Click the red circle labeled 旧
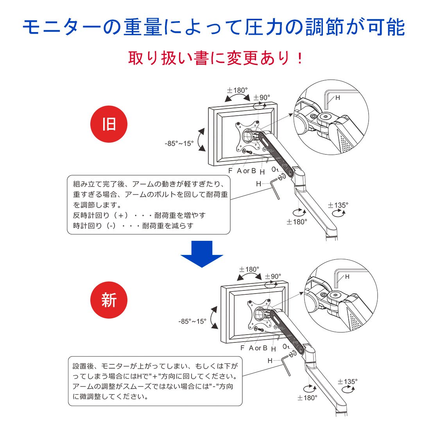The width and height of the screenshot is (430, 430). (x=109, y=124)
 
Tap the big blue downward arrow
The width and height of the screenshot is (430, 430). (x=202, y=254)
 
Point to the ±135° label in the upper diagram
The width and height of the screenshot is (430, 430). (x=338, y=205)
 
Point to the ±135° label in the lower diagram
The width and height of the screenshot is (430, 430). (x=348, y=382)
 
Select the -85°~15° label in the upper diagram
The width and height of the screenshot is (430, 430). (x=179, y=143)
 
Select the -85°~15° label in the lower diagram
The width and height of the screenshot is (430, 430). (x=192, y=321)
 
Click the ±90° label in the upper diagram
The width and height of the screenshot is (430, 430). (x=262, y=97)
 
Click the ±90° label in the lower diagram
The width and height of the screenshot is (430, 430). (x=273, y=276)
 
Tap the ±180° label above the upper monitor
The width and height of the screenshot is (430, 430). (x=237, y=90)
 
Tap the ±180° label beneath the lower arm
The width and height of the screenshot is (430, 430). (x=307, y=398)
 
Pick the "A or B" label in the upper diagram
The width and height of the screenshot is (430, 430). (x=246, y=171)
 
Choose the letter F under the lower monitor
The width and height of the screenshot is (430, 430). (x=242, y=348)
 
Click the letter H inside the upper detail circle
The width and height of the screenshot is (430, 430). (x=338, y=98)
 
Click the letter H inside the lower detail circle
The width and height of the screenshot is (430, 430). (x=347, y=277)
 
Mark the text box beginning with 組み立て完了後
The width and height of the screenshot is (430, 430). (x=149, y=205)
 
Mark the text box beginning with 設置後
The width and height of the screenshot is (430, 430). (x=155, y=381)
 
